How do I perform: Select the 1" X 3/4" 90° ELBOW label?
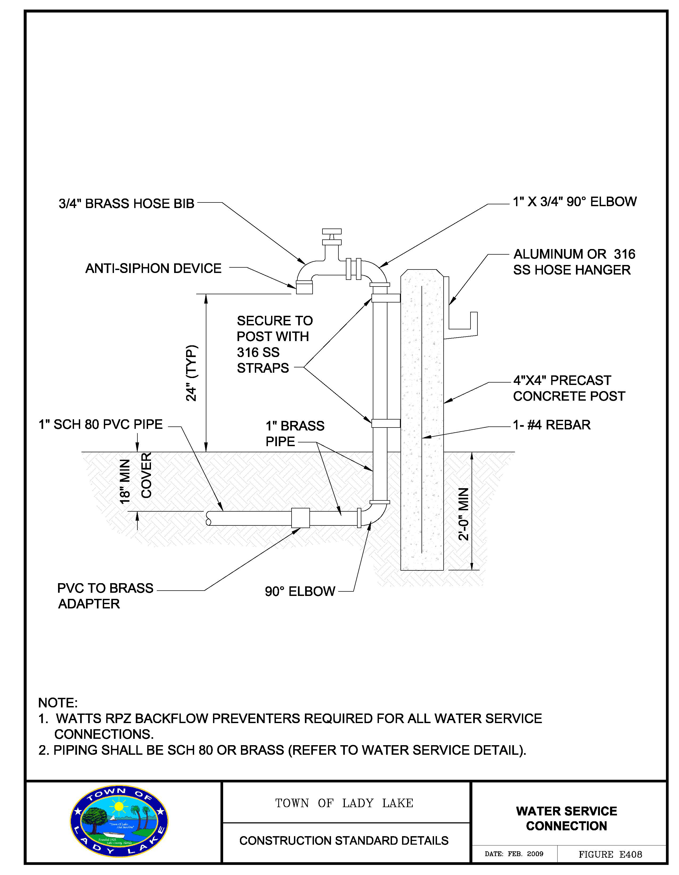tap(575, 201)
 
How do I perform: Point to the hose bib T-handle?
tap(332, 231)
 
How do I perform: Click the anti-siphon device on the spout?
tap(304, 287)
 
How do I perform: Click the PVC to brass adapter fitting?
tap(300, 518)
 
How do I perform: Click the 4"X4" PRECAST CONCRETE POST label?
tap(569, 388)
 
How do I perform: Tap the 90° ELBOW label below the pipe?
tap(300, 591)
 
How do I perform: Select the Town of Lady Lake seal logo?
tap(119, 827)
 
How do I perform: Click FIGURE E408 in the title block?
tap(610, 855)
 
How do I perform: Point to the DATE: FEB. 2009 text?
tap(514, 854)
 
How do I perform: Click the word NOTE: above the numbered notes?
tap(58, 703)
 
